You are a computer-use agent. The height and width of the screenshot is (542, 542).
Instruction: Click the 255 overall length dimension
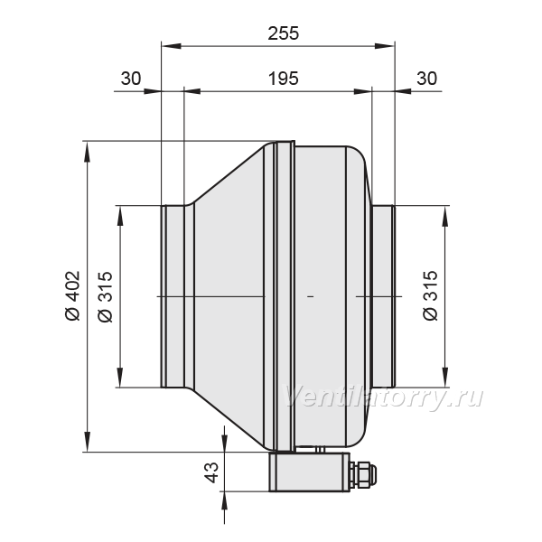tap(283, 33)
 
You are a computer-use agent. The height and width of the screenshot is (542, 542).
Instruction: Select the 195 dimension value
tap(283, 79)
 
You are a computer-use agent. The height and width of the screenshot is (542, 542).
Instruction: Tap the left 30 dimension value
tap(131, 79)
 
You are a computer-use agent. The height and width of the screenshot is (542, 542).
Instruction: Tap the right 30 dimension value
tap(426, 79)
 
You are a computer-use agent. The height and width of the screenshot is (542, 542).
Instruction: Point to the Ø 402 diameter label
tap(73, 296)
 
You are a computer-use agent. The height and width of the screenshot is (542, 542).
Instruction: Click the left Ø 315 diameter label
tap(106, 296)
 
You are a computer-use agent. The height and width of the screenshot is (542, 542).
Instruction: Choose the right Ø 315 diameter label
tap(430, 296)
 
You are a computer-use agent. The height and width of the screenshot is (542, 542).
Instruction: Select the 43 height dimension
tap(211, 472)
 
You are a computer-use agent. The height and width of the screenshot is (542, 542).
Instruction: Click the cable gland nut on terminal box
tap(362, 472)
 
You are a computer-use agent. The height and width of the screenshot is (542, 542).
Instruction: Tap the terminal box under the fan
tap(310, 472)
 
